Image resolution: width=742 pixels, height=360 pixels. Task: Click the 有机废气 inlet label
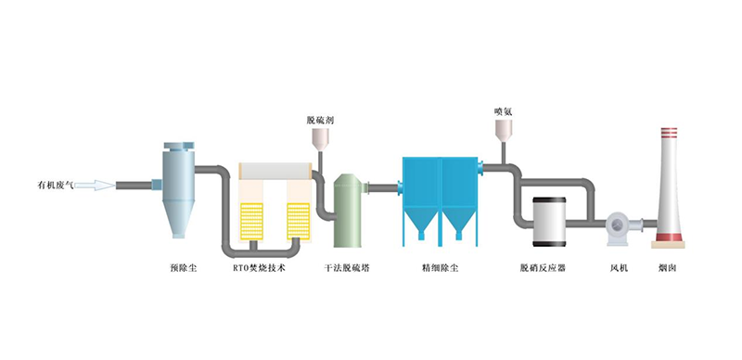coord(56,186)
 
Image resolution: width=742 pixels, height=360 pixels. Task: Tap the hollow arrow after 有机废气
coord(95,186)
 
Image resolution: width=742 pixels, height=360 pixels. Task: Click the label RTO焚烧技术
coord(260,268)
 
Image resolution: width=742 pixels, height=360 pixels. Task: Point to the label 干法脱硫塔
coord(347,268)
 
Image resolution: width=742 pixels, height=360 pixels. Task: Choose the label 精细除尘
coord(440,268)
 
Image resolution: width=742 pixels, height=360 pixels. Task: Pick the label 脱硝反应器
coord(543,268)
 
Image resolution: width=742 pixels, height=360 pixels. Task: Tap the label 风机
coord(619,268)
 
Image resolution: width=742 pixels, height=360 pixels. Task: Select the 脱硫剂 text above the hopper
coord(320,121)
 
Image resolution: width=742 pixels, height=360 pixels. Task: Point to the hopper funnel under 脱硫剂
coord(320,140)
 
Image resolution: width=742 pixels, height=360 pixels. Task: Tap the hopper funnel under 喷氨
coord(503,131)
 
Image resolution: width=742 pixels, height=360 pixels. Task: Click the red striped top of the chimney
coord(669,133)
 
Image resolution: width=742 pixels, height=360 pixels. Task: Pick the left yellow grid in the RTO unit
coord(251,221)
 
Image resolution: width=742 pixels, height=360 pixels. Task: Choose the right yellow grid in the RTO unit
coord(299,221)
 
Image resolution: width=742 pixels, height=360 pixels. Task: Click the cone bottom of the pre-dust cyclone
coord(178,219)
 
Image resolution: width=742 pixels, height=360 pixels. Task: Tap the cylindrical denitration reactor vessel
coord(549,222)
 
